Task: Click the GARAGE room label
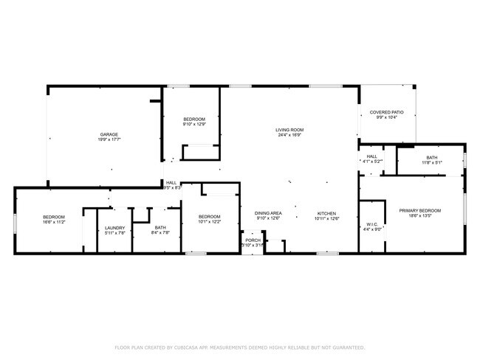[110, 134]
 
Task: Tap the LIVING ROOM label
[290, 130]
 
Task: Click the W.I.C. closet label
[372, 224]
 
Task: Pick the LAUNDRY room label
[115, 228]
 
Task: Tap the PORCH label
[253, 240]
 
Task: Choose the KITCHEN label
[326, 213]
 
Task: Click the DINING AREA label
[269, 213]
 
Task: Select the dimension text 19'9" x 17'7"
[110, 139]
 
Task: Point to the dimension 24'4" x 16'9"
[290, 135]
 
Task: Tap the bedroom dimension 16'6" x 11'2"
[55, 221]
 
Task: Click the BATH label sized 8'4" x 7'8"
[161, 228]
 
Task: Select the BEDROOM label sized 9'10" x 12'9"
[194, 119]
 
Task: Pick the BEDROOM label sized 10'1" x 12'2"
[210, 216]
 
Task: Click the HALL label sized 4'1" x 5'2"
[372, 156]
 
